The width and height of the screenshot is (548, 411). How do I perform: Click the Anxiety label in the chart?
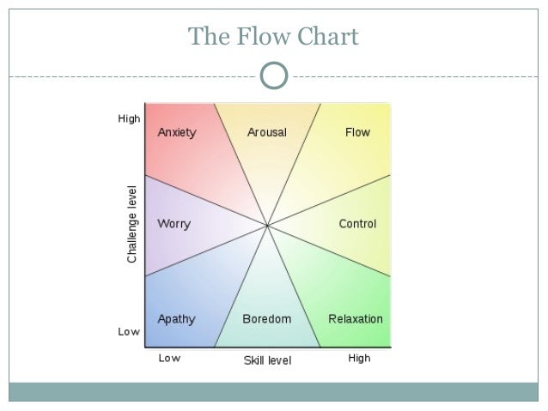177,133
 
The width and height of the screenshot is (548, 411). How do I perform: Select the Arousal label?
267,133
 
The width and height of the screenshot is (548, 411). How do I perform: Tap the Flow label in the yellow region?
357,133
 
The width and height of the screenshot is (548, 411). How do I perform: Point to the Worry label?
174,225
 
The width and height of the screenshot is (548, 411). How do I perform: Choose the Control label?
357,225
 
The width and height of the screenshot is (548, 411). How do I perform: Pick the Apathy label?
176,319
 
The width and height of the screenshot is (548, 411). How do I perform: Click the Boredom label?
266,319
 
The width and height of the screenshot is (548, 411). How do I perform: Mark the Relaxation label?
356,319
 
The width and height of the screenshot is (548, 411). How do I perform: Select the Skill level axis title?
267,360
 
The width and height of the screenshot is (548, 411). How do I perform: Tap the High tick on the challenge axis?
129,119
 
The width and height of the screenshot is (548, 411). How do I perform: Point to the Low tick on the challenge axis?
129,332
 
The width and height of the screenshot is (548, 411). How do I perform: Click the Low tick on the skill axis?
169,359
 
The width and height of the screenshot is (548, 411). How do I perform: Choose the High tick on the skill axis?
359,359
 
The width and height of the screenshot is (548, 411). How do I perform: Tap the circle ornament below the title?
273,76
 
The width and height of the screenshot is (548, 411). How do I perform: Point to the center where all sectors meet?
267,226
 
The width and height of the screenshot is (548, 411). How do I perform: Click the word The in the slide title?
205,37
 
